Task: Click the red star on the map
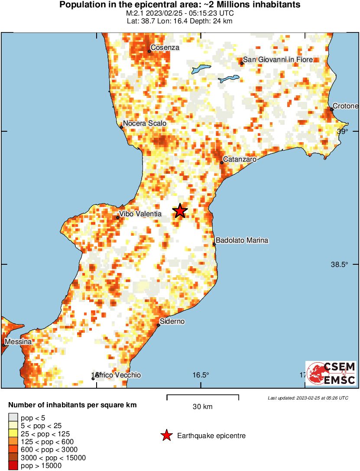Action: pyautogui.click(x=180, y=211)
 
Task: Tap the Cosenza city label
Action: pyautogui.click(x=165, y=48)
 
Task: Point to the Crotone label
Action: pyautogui.click(x=346, y=106)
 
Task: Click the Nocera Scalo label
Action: pyautogui.click(x=145, y=123)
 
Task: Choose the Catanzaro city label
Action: pyautogui.click(x=240, y=159)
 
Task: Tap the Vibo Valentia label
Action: pyautogui.click(x=140, y=214)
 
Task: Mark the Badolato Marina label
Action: pyautogui.click(x=242, y=240)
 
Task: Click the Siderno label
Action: pyautogui.click(x=172, y=322)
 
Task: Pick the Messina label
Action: pyautogui.click(x=18, y=342)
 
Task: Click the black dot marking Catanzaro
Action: pyautogui.click(x=222, y=163)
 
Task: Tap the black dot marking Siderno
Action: pyautogui.click(x=159, y=325)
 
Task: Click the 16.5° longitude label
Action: pyautogui.click(x=201, y=375)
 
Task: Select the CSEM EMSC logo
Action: pyautogui.click(x=331, y=373)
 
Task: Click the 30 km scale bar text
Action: pyautogui.click(x=203, y=407)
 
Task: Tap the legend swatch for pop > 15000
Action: pyautogui.click(x=14, y=466)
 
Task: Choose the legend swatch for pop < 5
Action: pyautogui.click(x=14, y=418)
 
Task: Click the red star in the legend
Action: pyautogui.click(x=166, y=436)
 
